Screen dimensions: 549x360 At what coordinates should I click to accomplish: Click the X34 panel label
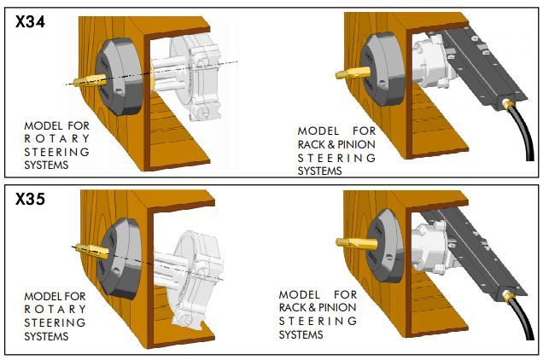[x=30, y=22]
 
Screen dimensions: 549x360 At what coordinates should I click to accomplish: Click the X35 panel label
[x=30, y=199]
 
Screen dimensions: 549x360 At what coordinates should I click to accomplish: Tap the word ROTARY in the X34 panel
[x=57, y=138]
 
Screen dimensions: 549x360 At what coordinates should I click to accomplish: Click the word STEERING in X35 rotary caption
[x=55, y=322]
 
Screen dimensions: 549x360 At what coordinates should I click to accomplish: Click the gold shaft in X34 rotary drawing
[x=90, y=81]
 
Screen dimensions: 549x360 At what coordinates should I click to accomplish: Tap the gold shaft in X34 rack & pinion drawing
[x=353, y=73]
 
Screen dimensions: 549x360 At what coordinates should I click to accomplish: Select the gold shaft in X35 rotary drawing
[x=92, y=250]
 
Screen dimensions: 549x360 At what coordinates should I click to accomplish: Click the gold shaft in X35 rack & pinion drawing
[x=356, y=243]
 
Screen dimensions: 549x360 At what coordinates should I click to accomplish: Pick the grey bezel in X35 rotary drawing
[x=119, y=258]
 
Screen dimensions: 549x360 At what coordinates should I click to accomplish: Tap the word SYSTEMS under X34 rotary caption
[x=46, y=165]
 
